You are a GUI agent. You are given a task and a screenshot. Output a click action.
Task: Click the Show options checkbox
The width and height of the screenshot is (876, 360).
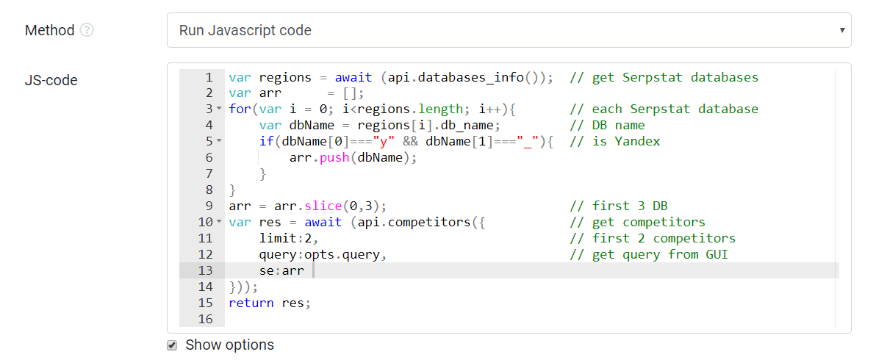pyautogui.click(x=172, y=345)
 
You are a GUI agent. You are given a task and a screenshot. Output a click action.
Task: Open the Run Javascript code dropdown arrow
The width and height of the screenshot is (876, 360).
pyautogui.click(x=842, y=30)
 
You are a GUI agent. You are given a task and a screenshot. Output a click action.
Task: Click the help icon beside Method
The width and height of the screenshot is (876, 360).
pyautogui.click(x=87, y=30)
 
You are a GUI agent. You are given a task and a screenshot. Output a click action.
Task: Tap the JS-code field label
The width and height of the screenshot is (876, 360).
pyautogui.click(x=51, y=80)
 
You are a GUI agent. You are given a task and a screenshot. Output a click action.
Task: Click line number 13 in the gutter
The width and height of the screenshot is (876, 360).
pyautogui.click(x=206, y=270)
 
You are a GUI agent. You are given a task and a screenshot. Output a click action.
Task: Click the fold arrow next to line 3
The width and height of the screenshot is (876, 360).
pyautogui.click(x=218, y=109)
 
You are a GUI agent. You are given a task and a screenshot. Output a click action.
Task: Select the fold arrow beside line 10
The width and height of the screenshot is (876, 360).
pyautogui.click(x=218, y=222)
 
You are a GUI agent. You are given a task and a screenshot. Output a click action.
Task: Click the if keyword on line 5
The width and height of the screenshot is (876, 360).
pyautogui.click(x=267, y=142)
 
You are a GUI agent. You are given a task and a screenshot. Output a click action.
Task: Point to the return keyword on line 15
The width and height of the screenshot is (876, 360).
pyautogui.click(x=251, y=303)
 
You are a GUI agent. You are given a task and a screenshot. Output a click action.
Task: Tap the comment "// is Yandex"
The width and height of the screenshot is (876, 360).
pyautogui.click(x=615, y=142)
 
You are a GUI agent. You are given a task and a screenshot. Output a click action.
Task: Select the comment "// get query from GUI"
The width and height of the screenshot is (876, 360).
pyautogui.click(x=649, y=255)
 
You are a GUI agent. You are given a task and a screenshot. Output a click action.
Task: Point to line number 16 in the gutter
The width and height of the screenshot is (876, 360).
pyautogui.click(x=206, y=320)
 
